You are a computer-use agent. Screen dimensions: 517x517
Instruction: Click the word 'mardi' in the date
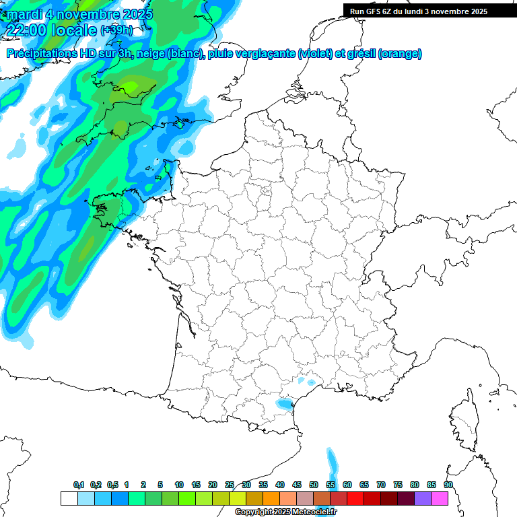24,14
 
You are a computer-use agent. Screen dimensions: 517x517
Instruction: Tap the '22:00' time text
26,30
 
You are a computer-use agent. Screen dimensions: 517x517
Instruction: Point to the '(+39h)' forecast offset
116,30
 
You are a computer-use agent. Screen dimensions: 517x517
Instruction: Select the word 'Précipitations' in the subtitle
46,54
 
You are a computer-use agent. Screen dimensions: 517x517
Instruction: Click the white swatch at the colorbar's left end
69,498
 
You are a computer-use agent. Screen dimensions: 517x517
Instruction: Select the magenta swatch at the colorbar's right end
440,498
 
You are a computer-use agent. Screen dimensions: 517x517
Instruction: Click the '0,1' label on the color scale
79,485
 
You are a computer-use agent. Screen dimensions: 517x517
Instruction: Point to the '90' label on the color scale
448,485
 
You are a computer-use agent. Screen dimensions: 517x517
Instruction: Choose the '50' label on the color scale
314,485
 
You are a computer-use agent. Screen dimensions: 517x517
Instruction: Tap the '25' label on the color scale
230,485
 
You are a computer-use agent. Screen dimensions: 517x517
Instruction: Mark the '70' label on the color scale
381,485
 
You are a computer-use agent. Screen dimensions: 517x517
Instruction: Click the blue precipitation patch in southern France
285,404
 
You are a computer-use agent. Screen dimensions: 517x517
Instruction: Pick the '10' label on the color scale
179,485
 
